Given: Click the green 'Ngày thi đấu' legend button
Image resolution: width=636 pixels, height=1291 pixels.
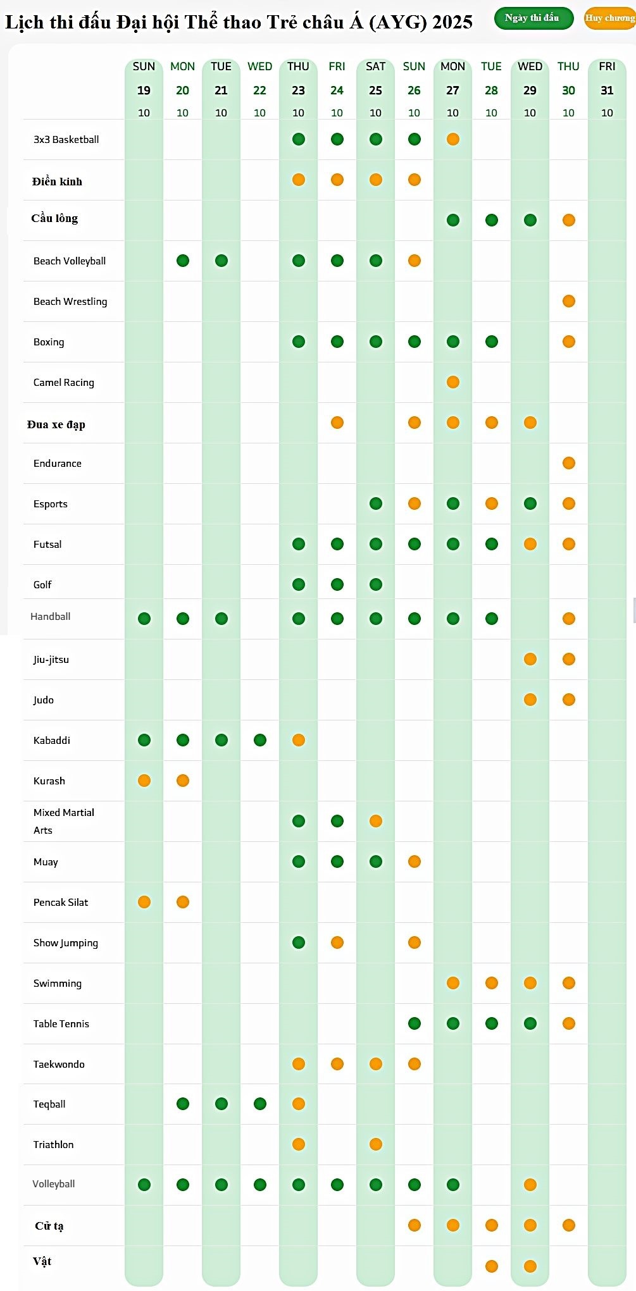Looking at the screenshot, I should click(533, 18).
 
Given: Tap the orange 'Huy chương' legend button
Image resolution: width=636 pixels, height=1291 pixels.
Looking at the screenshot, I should click(609, 18).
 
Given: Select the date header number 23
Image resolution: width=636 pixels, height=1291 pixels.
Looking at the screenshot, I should click(298, 90).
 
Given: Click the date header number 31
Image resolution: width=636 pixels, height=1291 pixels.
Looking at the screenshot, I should click(607, 90).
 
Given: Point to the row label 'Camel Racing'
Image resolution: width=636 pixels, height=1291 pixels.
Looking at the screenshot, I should click(64, 383).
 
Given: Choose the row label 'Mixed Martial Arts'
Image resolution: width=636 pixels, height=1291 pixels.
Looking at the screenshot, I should click(63, 821).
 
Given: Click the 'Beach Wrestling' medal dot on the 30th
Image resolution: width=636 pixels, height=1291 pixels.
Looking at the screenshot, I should click(569, 301).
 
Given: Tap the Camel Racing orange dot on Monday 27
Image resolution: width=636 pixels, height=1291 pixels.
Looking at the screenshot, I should click(453, 382).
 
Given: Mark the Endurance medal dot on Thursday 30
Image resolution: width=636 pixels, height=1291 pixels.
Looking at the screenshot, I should click(569, 463).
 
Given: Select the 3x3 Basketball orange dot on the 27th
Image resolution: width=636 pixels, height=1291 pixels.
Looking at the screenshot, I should click(453, 139).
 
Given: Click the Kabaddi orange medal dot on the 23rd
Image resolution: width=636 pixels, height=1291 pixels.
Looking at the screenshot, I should click(299, 740).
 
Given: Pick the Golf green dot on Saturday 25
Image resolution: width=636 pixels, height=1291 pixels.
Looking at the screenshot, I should click(376, 584).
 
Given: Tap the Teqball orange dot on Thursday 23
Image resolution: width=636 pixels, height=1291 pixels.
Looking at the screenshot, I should click(299, 1104).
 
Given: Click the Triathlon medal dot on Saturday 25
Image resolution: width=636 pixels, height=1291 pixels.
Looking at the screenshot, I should click(376, 1144).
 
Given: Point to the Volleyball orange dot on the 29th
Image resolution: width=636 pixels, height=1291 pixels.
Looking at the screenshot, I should click(530, 1185).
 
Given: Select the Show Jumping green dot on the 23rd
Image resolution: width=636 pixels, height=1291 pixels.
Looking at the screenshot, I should click(299, 942).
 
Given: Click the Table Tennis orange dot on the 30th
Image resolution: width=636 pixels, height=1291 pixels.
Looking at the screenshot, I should click(569, 1023).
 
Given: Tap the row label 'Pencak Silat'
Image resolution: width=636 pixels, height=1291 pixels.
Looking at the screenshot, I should click(61, 903).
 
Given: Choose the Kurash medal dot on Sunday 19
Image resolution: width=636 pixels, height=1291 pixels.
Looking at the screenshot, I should click(144, 781).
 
